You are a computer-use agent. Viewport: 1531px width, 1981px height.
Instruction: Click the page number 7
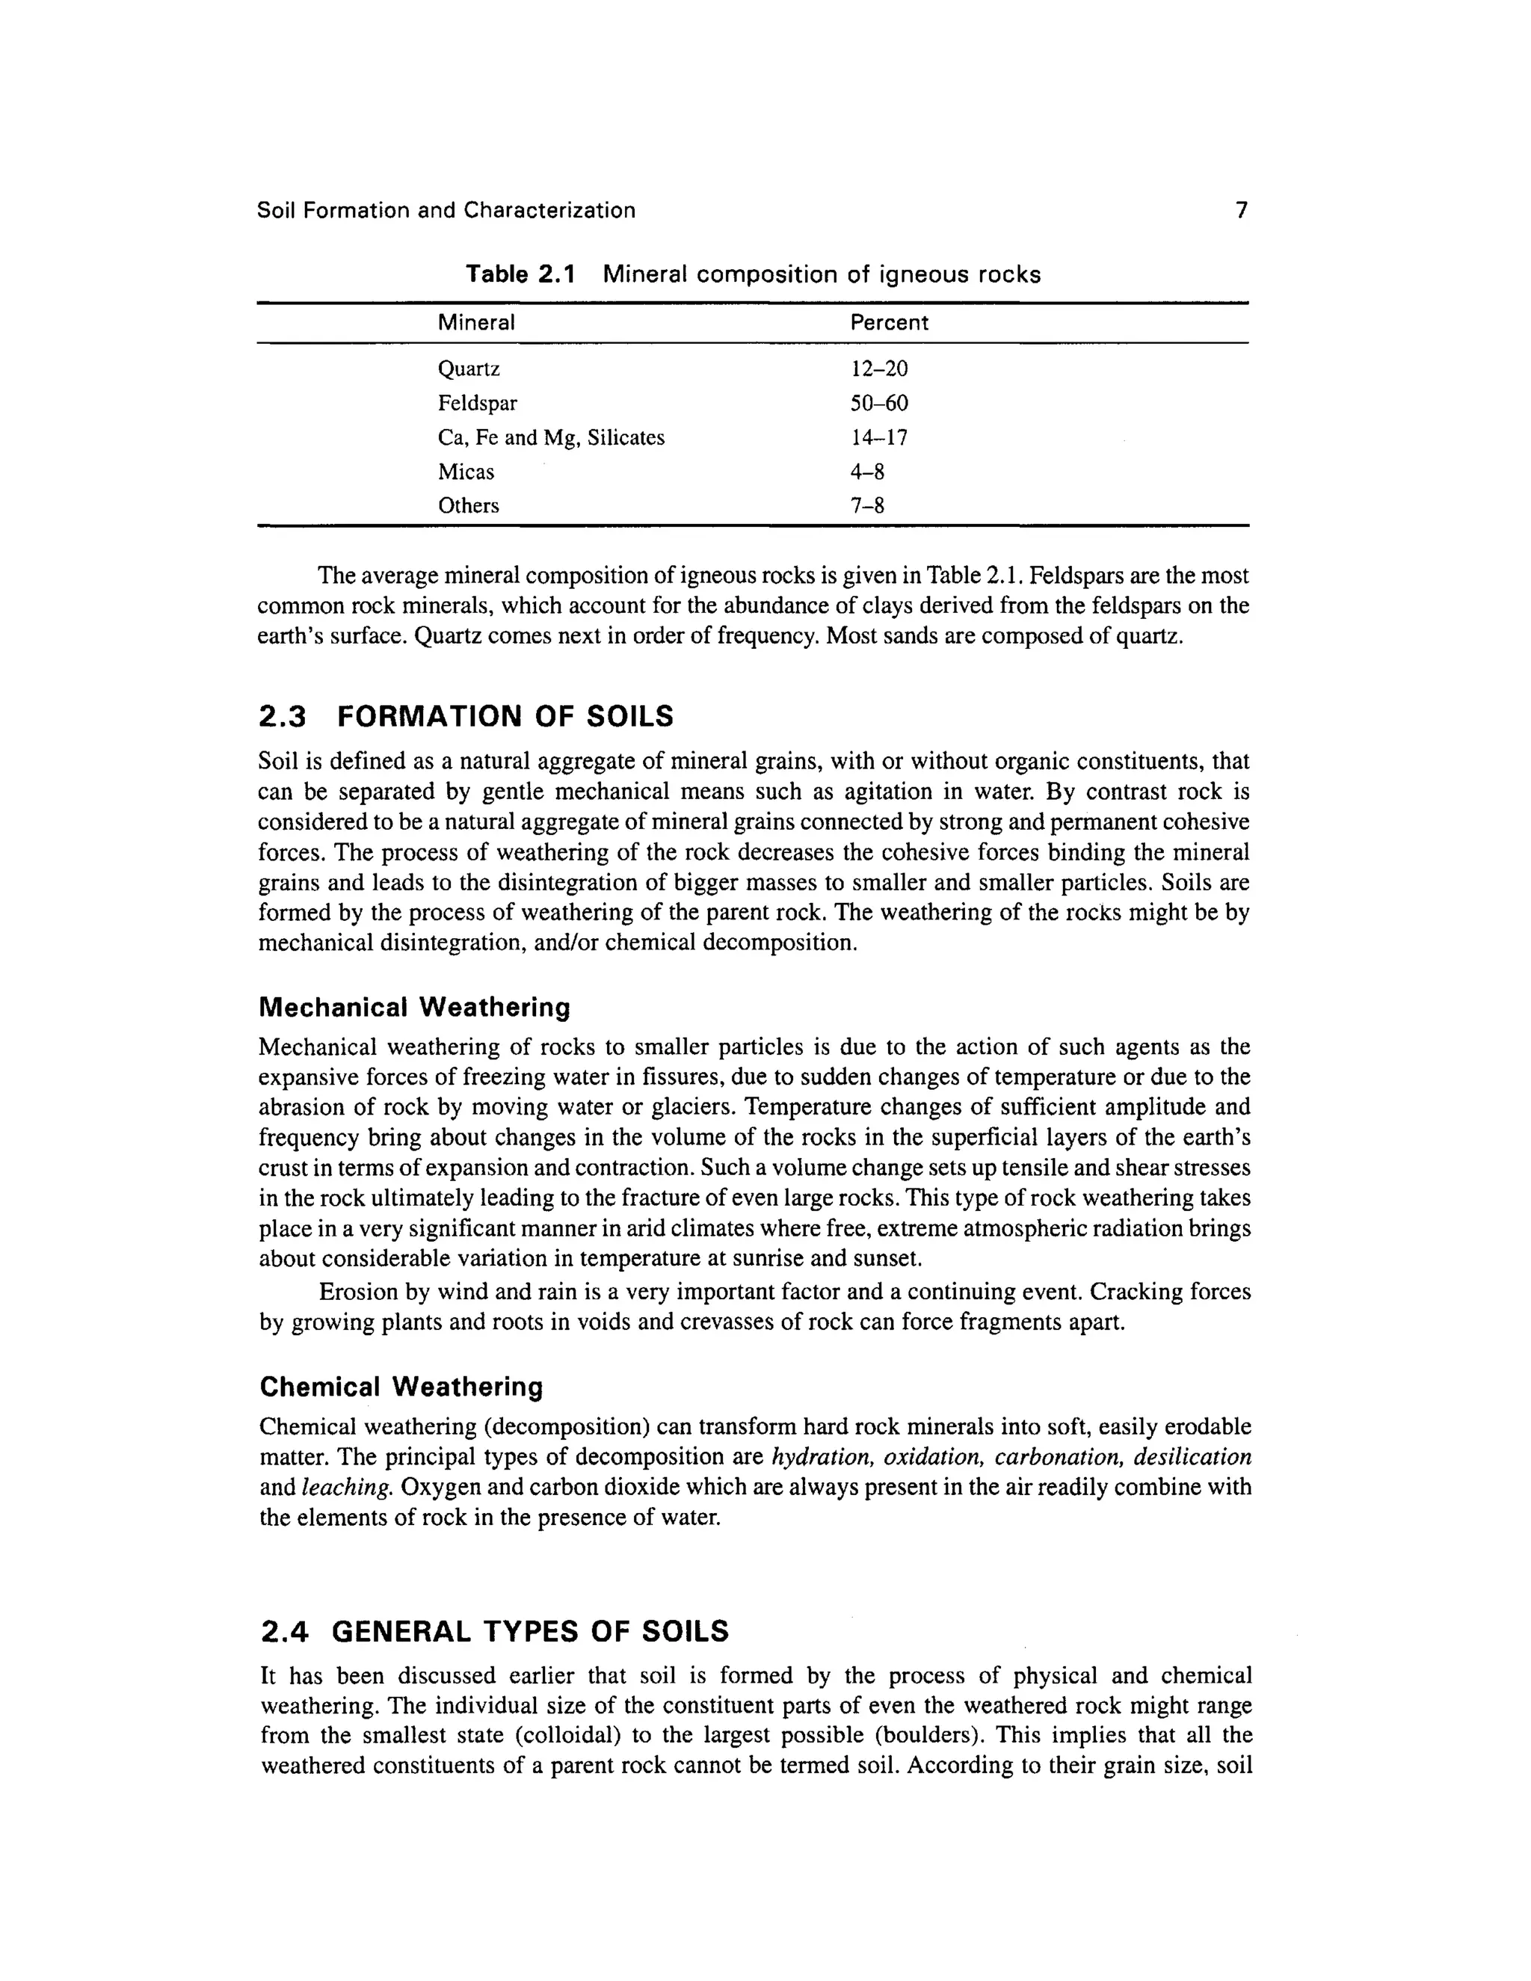pos(1242,211)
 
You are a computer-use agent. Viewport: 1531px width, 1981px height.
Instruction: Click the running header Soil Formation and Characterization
pos(446,211)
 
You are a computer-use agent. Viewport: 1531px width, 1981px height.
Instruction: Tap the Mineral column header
pos(476,323)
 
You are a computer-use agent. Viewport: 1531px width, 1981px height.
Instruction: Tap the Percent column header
pos(889,323)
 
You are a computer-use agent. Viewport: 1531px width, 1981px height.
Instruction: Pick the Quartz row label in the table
pos(469,369)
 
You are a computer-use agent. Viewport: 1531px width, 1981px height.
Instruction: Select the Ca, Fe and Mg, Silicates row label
pos(550,438)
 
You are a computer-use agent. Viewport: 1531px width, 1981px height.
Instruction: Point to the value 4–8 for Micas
pos(867,472)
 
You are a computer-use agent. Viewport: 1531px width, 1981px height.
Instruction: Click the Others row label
pos(468,506)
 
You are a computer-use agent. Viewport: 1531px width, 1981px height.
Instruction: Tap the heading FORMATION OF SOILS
pos(505,717)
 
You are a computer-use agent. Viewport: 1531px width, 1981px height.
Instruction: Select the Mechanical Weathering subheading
pos(414,1007)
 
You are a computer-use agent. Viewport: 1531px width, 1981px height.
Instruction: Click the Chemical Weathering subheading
pos(401,1387)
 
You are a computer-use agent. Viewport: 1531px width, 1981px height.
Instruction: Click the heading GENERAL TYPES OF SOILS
pos(530,1632)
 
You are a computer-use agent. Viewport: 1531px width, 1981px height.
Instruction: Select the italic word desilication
pos(1192,1457)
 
